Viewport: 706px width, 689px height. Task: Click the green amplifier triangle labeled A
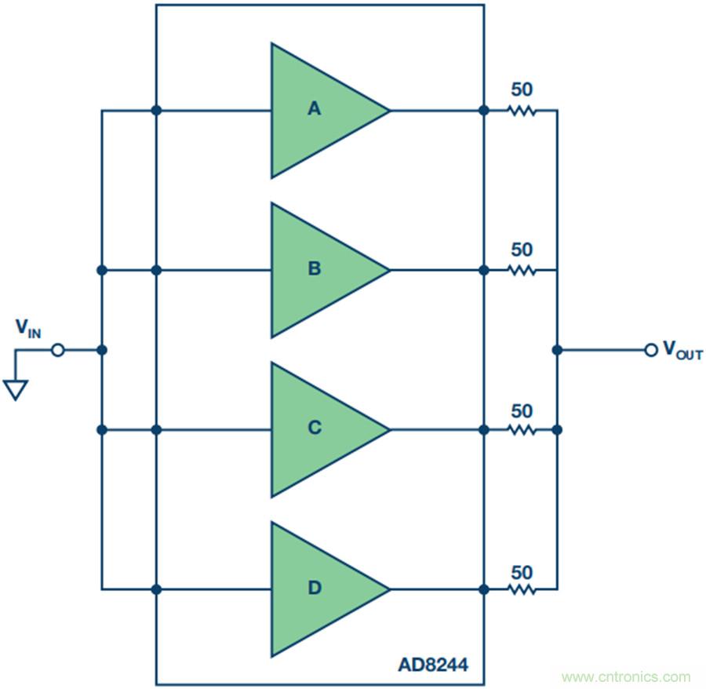(322, 110)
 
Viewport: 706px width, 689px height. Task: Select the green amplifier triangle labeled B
(322, 270)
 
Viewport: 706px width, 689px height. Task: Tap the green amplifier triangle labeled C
(322, 429)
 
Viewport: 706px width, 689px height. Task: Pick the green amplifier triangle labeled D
(322, 589)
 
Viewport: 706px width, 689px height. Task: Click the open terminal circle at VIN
(57, 350)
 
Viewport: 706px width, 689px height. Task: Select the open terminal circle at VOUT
(650, 350)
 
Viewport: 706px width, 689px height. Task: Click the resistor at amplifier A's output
(522, 111)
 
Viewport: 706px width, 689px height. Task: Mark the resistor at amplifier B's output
(522, 270)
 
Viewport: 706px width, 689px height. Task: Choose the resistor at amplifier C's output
(522, 429)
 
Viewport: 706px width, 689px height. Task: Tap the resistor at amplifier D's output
(522, 589)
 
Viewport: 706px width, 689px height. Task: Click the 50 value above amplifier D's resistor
(522, 571)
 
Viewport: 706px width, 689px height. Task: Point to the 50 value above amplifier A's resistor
(522, 89)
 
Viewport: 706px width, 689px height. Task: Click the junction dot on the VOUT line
(557, 350)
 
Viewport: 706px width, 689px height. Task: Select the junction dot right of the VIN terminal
(101, 350)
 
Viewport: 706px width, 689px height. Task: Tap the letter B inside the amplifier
(315, 269)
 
